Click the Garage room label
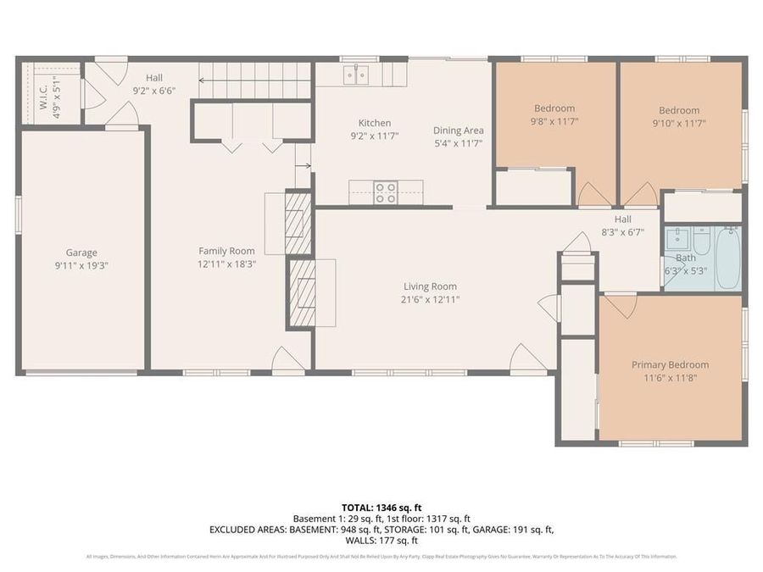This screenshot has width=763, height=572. (81, 252)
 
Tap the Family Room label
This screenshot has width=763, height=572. (226, 251)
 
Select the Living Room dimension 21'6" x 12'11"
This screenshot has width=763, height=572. (430, 299)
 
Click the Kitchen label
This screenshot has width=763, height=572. (374, 123)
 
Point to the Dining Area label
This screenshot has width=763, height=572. (458, 131)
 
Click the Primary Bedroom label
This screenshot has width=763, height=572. (670, 365)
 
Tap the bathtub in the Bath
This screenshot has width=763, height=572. (727, 258)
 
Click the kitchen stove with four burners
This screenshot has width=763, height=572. (386, 192)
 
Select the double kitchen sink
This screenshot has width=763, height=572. (356, 77)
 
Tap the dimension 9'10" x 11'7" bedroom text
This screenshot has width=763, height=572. (679, 123)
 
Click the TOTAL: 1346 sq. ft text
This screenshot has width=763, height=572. (381, 506)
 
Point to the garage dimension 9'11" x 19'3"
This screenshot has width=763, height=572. (81, 265)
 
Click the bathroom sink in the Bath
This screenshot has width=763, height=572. (677, 237)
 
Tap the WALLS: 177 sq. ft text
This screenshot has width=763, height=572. (381, 540)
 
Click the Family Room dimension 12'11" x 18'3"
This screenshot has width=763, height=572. (226, 264)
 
